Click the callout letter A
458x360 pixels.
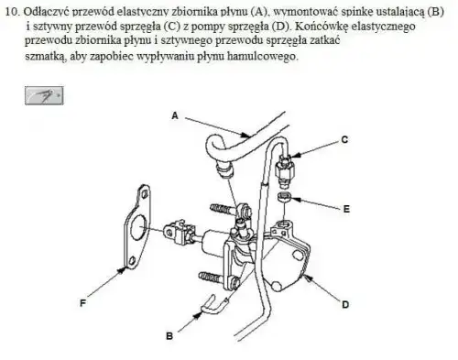175,115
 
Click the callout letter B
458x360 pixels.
169,336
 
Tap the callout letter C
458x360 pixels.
344,139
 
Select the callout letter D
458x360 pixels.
345,304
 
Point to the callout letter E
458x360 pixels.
346,209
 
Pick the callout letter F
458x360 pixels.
82,303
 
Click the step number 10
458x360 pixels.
13,12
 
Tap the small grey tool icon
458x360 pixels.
44,95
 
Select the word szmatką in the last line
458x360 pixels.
45,57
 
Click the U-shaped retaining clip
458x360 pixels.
214,306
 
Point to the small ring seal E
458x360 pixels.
285,197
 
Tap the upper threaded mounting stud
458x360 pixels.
222,210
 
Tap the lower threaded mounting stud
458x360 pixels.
211,278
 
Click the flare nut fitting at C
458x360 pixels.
285,171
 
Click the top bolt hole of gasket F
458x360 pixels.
145,193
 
